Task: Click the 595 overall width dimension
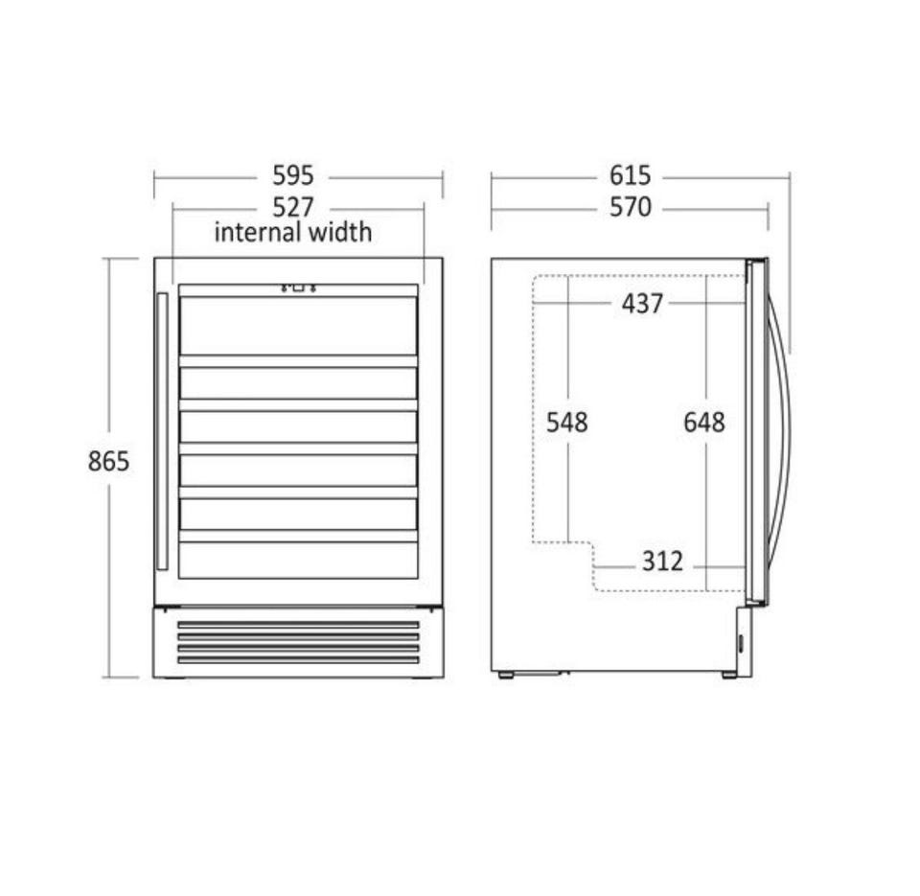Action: click(x=293, y=175)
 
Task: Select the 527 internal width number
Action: click(x=293, y=207)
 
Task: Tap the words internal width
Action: click(x=293, y=232)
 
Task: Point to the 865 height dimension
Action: click(x=108, y=461)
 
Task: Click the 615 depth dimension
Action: click(x=631, y=175)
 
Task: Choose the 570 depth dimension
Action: click(x=631, y=207)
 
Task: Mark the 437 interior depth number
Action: click(x=642, y=304)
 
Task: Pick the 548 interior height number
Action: click(x=566, y=422)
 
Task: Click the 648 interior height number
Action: click(x=704, y=422)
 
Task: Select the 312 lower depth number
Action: click(x=662, y=562)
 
